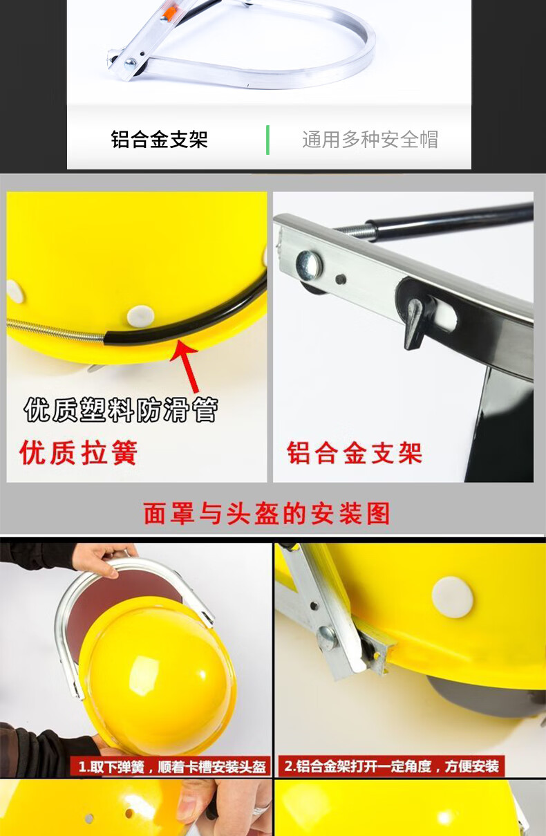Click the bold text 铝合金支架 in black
coord(159,140)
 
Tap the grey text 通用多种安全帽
coord(370,140)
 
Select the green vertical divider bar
coord(267,140)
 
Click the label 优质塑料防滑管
coord(121,410)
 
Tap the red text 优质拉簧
coord(78,453)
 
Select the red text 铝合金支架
coord(355,453)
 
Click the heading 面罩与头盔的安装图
coord(267,514)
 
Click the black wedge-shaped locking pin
coord(415,323)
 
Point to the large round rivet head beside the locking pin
coord(309,265)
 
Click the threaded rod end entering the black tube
coord(356,230)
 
